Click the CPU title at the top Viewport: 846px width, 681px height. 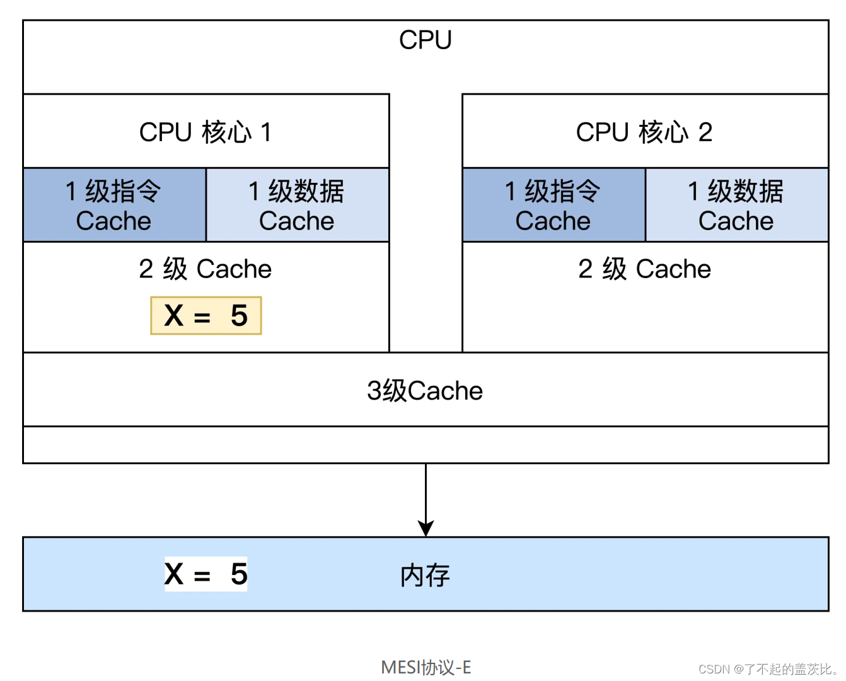(426, 40)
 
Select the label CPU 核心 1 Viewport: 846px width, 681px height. (206, 132)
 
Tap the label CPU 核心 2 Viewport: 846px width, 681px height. (644, 132)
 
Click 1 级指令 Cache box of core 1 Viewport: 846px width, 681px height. (114, 206)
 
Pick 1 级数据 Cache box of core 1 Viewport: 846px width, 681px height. (297, 206)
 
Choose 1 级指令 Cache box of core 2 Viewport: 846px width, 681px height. (553, 206)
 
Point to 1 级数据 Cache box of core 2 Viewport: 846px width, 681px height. (736, 206)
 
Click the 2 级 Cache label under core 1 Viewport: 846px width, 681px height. (206, 269)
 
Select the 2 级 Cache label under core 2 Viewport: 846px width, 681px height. (644, 269)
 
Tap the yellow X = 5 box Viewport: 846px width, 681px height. (206, 315)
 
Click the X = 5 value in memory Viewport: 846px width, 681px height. (206, 574)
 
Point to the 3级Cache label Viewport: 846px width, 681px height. (425, 391)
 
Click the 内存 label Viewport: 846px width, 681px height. (426, 576)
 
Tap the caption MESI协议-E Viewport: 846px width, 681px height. (426, 667)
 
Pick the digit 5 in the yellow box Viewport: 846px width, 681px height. (239, 315)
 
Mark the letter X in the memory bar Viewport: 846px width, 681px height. (174, 574)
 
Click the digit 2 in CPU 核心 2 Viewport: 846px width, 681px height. (705, 132)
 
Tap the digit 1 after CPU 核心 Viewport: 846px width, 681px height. (266, 132)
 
